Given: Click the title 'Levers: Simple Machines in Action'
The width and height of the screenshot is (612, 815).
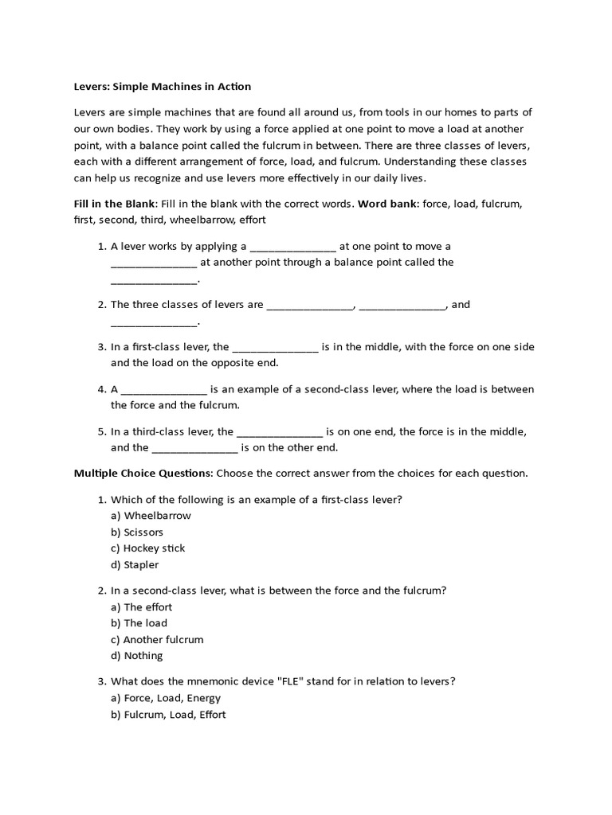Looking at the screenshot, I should (x=163, y=86).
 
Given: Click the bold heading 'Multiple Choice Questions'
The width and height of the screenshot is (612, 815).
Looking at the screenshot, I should (x=143, y=473).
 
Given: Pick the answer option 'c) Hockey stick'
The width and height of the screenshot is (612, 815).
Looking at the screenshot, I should (x=147, y=548).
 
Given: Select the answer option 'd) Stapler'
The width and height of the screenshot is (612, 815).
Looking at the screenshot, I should (x=135, y=565).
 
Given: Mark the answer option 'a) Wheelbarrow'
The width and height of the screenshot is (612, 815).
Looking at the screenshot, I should (x=151, y=516).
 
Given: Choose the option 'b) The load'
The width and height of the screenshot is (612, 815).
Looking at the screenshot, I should (x=139, y=623).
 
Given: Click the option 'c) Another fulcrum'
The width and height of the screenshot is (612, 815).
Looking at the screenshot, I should (x=157, y=640).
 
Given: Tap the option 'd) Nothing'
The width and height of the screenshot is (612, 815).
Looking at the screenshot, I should (x=136, y=656).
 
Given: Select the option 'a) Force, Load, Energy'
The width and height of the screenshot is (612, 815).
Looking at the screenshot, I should (x=166, y=698).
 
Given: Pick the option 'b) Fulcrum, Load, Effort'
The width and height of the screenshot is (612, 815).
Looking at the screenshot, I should (x=168, y=715).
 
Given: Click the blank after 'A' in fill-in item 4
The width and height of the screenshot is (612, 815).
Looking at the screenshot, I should (x=164, y=390).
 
